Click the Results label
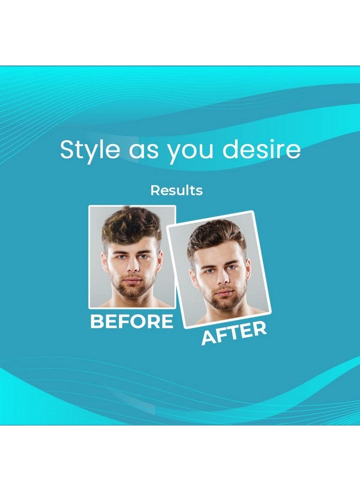tap(176, 190)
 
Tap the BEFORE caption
tap(131, 322)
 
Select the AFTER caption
tap(235, 333)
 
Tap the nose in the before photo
tap(130, 267)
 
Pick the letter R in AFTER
tap(259, 329)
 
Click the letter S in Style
tap(67, 149)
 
